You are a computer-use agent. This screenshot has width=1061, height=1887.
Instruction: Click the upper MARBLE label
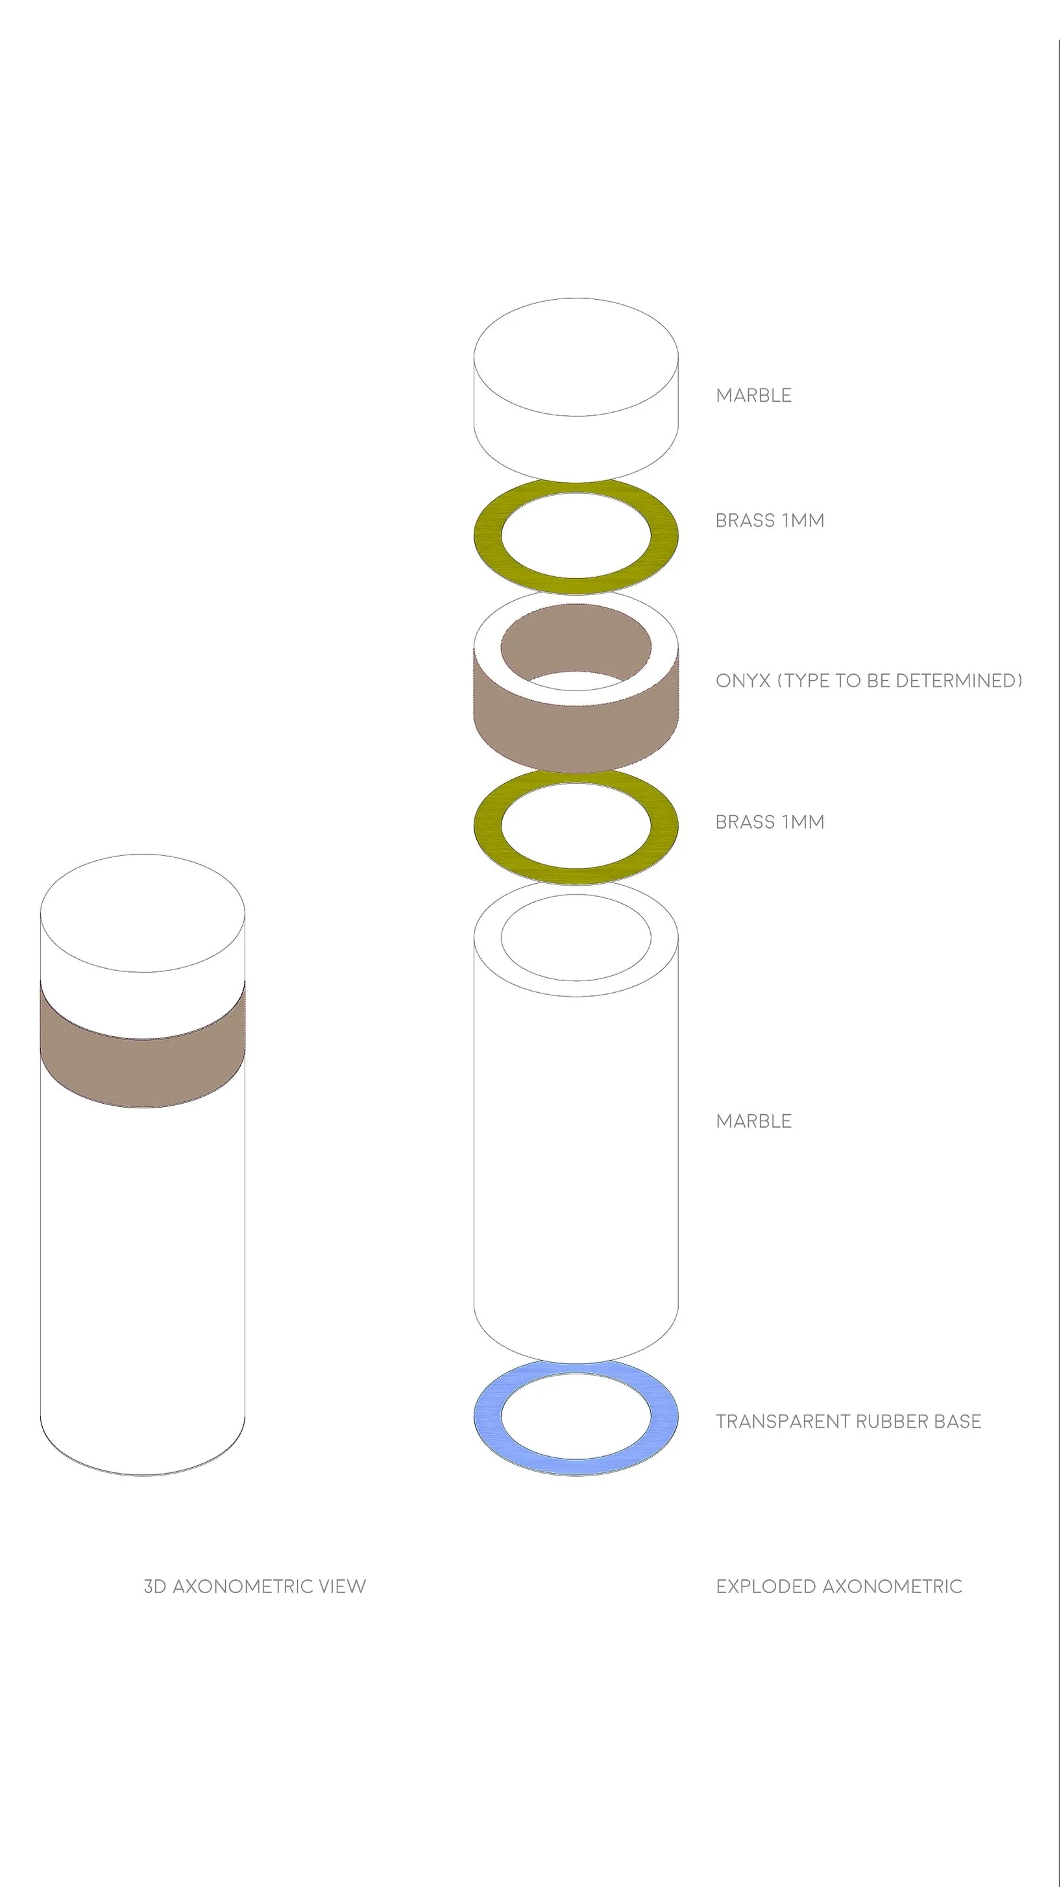(x=753, y=396)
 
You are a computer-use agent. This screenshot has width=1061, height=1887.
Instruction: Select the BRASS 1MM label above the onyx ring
(x=770, y=521)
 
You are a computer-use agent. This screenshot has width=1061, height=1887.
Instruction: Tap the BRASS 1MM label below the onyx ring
(x=770, y=822)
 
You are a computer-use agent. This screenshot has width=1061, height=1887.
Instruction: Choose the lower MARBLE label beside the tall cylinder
(x=753, y=1121)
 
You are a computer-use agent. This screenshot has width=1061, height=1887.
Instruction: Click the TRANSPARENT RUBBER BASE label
(x=848, y=1422)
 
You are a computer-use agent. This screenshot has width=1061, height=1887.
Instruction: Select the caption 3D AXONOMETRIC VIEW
(x=254, y=1587)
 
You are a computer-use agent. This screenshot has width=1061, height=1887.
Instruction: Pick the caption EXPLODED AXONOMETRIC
(x=838, y=1587)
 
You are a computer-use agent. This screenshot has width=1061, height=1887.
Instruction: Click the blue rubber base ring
(x=487, y=1417)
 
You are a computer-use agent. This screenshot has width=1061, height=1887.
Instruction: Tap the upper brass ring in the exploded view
(x=487, y=535)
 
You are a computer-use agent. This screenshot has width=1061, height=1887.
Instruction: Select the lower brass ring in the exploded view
(x=487, y=825)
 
